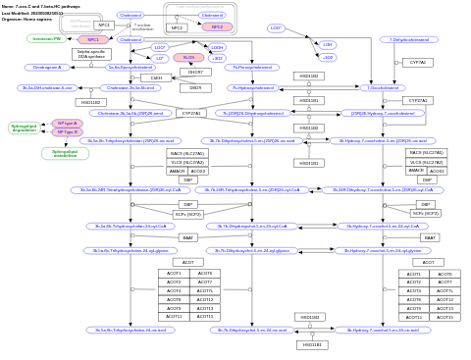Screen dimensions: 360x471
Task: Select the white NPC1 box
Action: [x=103, y=26]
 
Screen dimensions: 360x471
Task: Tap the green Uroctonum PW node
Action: [x=46, y=39]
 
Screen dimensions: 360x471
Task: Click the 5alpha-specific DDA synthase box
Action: [x=91, y=55]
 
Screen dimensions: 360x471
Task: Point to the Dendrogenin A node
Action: [x=47, y=68]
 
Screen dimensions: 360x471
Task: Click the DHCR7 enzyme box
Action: [x=194, y=72]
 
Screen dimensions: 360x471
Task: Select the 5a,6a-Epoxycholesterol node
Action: [x=130, y=68]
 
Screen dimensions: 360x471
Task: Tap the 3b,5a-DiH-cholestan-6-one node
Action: [x=46, y=87]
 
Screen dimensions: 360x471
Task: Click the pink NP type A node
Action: [x=68, y=124]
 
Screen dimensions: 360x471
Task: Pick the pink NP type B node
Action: [x=68, y=131]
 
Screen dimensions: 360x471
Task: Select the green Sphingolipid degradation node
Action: [x=24, y=128]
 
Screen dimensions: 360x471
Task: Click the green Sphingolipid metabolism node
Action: [x=65, y=153]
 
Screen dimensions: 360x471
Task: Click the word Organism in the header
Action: [x=11, y=19]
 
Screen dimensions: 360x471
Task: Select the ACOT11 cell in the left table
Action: [x=174, y=317]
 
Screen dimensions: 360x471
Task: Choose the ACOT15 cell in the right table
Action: [x=445, y=317]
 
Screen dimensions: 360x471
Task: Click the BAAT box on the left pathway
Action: [x=187, y=237]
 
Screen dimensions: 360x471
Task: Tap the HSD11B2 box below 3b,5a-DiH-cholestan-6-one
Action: [x=89, y=102]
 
